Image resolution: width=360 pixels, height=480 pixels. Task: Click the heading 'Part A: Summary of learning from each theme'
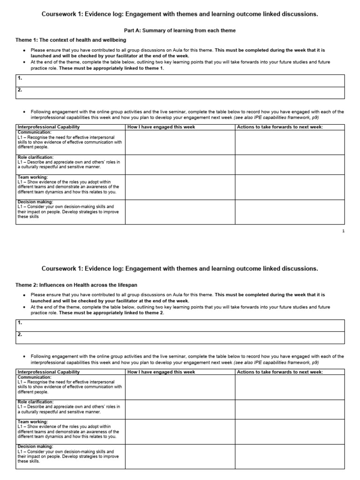180,30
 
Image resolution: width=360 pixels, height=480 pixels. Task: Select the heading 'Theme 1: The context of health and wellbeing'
71,40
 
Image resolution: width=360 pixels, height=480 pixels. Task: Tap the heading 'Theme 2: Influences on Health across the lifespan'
77,285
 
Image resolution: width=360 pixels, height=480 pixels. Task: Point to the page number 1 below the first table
343,231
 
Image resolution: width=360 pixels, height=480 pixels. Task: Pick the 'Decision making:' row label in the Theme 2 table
35,446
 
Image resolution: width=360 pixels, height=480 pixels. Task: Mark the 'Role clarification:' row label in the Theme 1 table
36,157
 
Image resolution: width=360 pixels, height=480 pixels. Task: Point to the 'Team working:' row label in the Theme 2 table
32,421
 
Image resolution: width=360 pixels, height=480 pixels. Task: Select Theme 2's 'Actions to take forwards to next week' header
280,372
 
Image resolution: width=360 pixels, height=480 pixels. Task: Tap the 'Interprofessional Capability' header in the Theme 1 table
49,127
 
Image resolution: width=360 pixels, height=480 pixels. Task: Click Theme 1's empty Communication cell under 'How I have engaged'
180,142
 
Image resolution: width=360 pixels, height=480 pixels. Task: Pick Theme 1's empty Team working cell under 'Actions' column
289,187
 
